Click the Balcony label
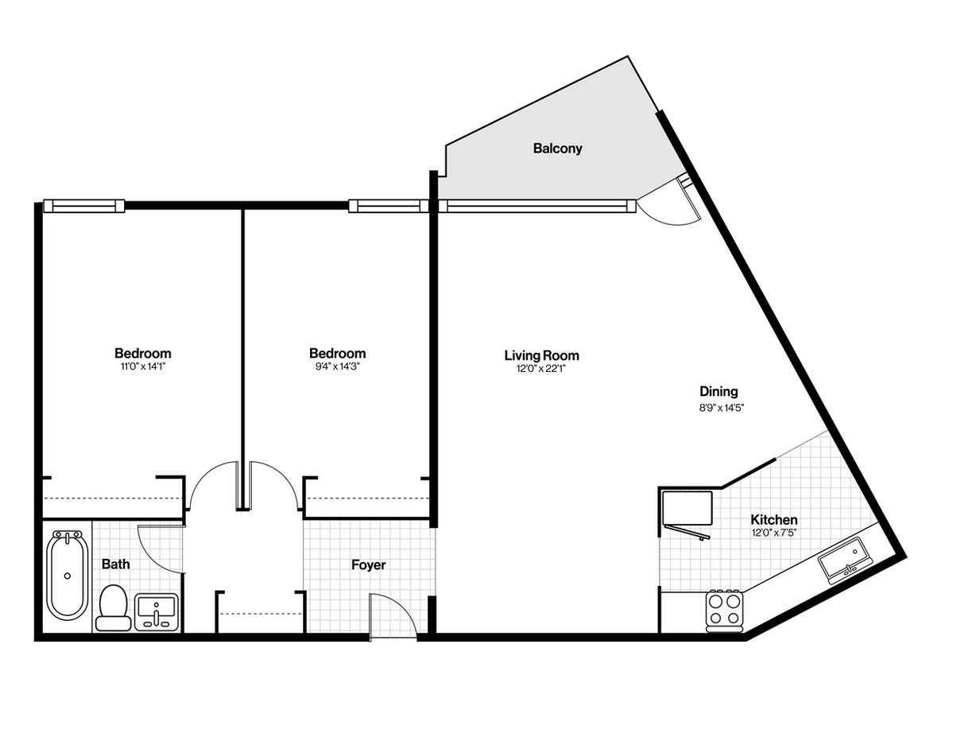(x=557, y=149)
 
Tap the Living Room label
(x=541, y=355)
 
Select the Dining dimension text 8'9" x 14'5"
(x=722, y=408)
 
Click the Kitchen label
(x=773, y=520)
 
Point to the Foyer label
(x=368, y=565)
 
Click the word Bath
(x=115, y=564)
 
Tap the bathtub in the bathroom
(x=67, y=576)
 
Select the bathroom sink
(x=157, y=612)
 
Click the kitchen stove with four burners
(x=724, y=609)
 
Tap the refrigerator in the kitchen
(x=687, y=508)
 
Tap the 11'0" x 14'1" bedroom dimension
(x=143, y=367)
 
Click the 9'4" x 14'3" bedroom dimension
(x=337, y=367)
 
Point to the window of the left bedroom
(x=84, y=206)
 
